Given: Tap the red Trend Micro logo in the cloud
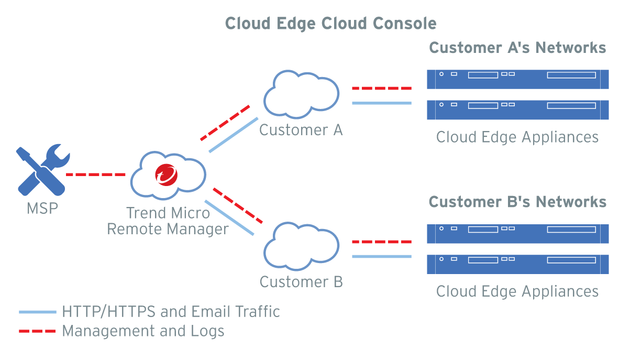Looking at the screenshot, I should click(167, 174).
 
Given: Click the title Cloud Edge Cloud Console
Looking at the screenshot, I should click(330, 24).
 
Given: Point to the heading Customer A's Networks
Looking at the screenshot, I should click(517, 48).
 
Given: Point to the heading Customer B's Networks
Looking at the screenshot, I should click(517, 202).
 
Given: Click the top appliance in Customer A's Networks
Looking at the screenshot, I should click(517, 79).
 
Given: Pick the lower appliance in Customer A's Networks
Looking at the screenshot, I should click(517, 110).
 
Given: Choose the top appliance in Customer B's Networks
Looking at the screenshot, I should click(517, 233).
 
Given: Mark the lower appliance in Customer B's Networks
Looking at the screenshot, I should click(517, 264).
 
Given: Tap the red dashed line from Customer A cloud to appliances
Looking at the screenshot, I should click(381, 89).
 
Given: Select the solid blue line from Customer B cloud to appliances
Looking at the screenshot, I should click(381, 256).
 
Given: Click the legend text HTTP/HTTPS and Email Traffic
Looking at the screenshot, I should click(171, 312).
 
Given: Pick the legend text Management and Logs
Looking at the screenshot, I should click(143, 331).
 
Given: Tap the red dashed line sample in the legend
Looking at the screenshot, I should click(37, 331).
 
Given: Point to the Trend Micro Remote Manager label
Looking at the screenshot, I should click(168, 221).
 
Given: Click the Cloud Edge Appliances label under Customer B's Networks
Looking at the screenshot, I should click(517, 291).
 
